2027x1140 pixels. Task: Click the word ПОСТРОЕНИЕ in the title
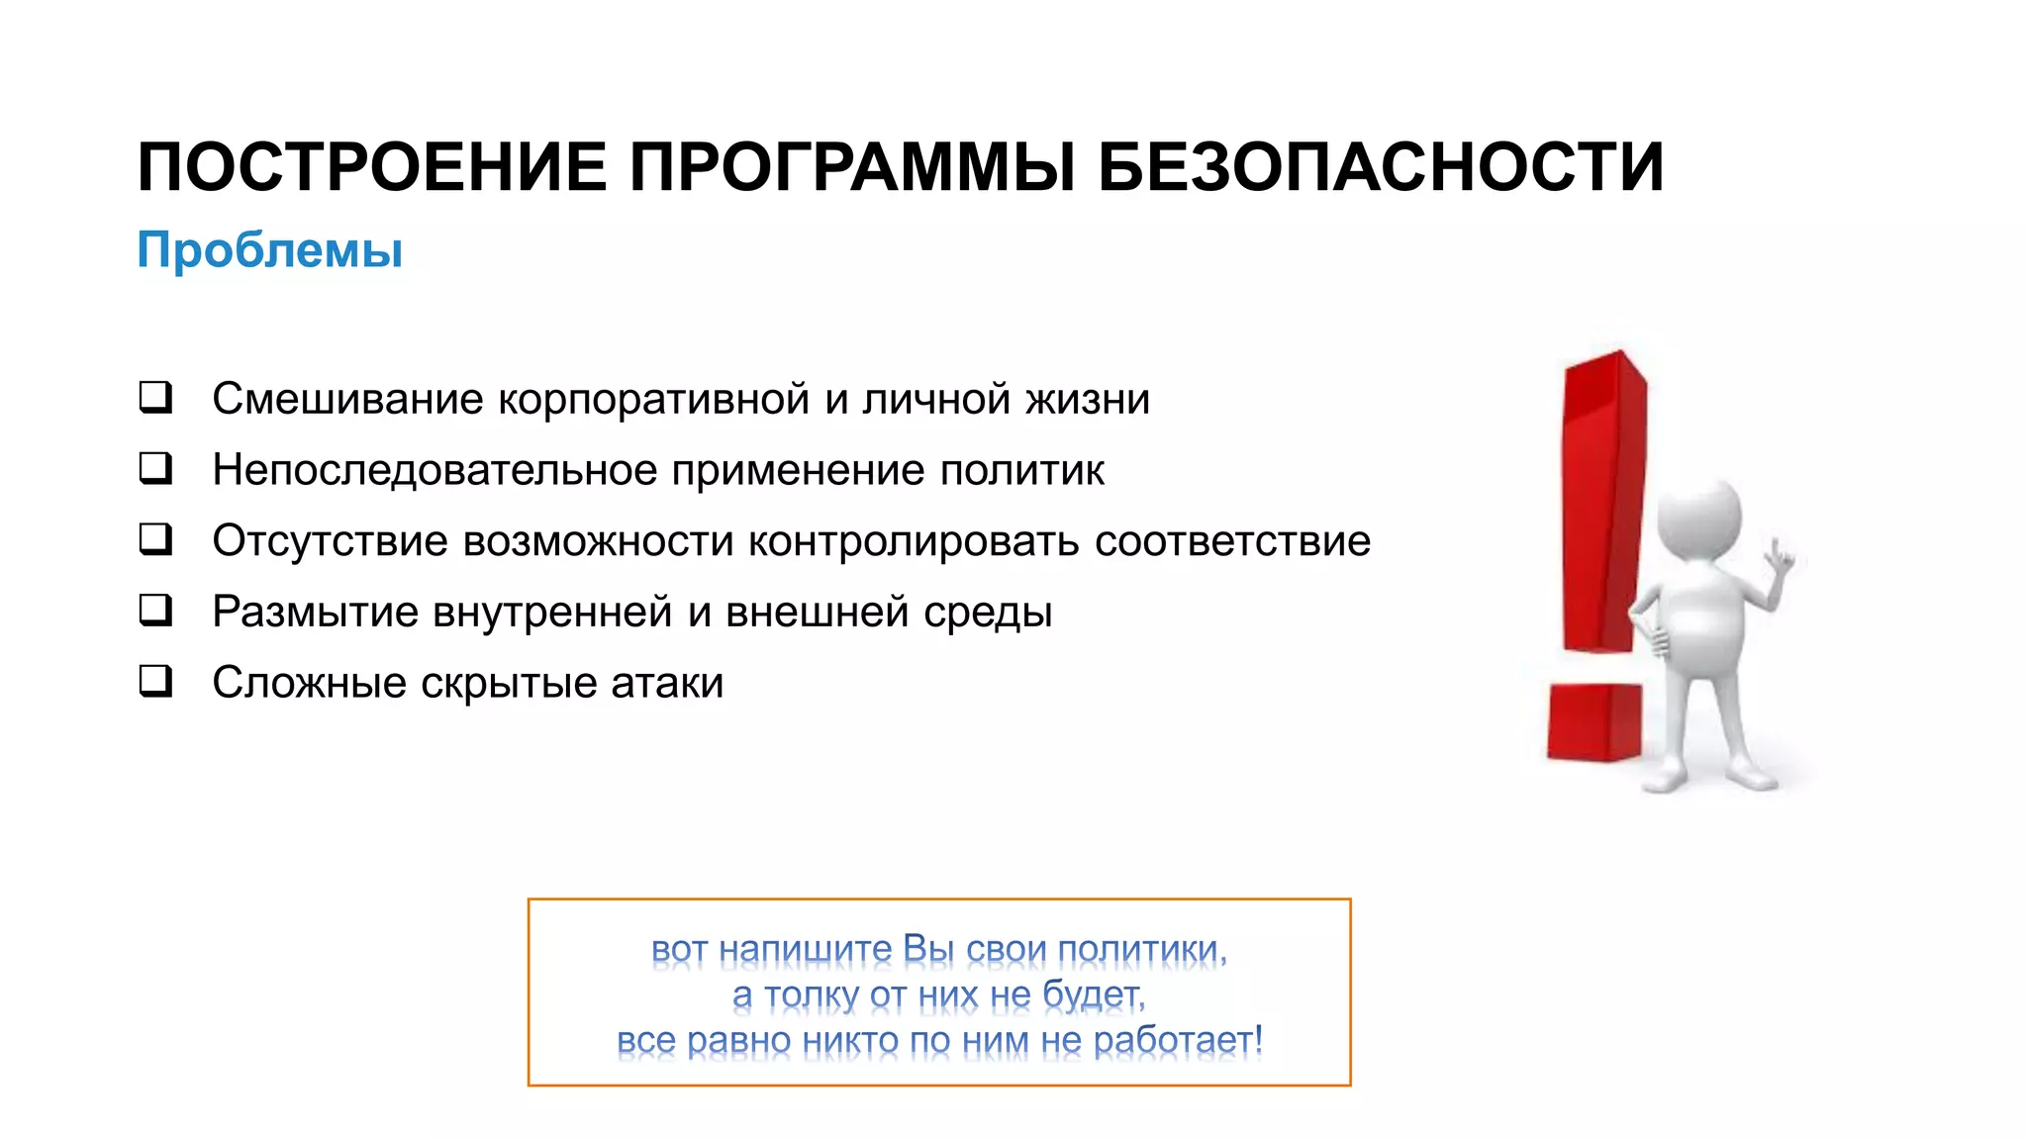pos(372,167)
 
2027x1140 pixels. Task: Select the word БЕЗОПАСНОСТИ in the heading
pos(1381,167)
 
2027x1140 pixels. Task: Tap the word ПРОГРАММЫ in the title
pos(852,167)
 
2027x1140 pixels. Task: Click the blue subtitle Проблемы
pos(269,249)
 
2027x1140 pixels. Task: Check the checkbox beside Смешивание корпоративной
pos(155,397)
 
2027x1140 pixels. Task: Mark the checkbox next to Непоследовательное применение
pos(155,468)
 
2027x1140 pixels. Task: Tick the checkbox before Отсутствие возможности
pos(155,539)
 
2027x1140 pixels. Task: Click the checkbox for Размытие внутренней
pos(155,611)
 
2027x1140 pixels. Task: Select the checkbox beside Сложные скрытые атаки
pos(155,682)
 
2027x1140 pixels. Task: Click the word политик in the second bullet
pos(1021,471)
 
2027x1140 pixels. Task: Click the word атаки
pos(667,684)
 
